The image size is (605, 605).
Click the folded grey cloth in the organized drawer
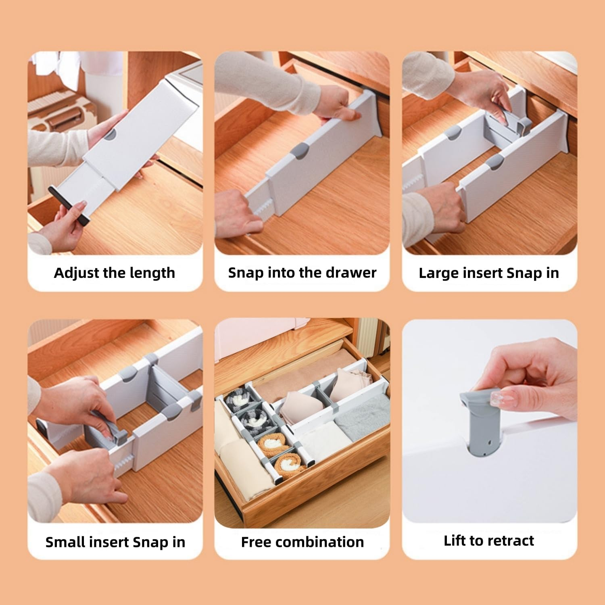coord(363,415)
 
